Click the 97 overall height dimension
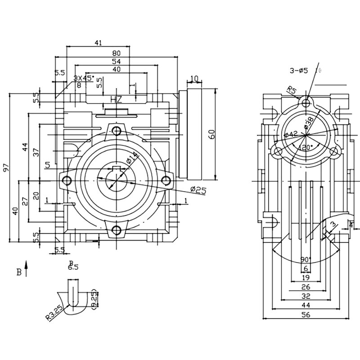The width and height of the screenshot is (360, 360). click(x=6, y=167)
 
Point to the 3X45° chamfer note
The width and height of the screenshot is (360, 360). click(x=84, y=78)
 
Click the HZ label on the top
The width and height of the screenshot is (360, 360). click(x=117, y=99)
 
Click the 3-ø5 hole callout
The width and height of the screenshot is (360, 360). click(x=299, y=70)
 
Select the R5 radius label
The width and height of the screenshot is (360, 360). click(x=292, y=91)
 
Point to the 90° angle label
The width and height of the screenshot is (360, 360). click(x=306, y=260)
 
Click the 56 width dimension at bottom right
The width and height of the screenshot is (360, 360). click(x=306, y=315)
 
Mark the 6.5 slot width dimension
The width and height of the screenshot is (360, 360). click(x=73, y=267)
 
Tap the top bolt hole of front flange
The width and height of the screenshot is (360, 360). click(x=117, y=131)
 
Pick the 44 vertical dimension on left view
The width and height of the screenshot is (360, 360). click(x=26, y=147)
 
